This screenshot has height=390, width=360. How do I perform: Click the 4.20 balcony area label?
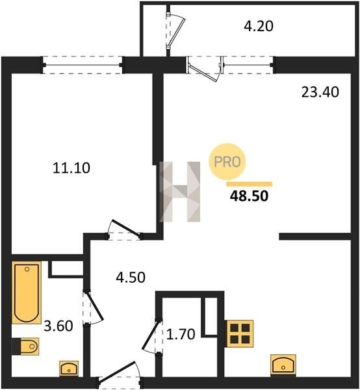click(259, 26)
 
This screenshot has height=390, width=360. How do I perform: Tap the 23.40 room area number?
click(320, 92)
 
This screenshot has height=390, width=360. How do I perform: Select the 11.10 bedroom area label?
click(71, 168)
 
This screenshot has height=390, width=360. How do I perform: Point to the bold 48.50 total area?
click(249, 196)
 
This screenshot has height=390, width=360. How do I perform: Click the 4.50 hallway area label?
click(131, 278)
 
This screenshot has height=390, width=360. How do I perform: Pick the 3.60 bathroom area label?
click(58, 326)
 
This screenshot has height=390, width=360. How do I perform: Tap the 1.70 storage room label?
click(181, 334)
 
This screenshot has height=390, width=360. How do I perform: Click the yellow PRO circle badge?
click(227, 161)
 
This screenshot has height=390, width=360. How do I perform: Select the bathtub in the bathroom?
click(27, 292)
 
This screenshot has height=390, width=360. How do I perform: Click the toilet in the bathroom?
click(25, 346)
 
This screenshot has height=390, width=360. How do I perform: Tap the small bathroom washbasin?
click(69, 369)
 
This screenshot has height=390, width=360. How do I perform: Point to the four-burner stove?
click(239, 334)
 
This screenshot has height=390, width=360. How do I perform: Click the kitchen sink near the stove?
click(283, 365)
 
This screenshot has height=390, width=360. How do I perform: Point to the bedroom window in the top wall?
click(83, 65)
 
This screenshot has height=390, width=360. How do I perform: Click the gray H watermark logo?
click(180, 192)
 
